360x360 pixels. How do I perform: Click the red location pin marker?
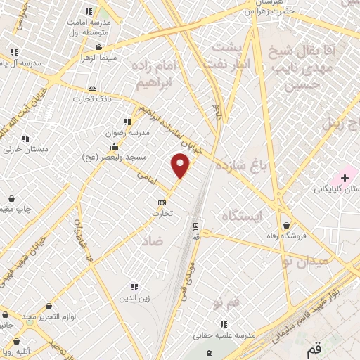click(181, 165)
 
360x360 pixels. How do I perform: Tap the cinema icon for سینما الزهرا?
click(98, 48)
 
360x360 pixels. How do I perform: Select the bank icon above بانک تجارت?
click(91, 88)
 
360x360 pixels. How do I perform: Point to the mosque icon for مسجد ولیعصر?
click(114, 146)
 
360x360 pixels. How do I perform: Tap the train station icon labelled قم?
click(195, 226)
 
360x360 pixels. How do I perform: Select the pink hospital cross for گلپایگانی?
click(345, 176)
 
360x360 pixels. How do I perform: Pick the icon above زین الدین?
click(134, 287)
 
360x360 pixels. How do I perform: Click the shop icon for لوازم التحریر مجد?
click(49, 307)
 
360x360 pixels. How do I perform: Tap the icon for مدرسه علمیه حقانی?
click(224, 324)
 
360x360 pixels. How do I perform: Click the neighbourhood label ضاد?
click(151, 240)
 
